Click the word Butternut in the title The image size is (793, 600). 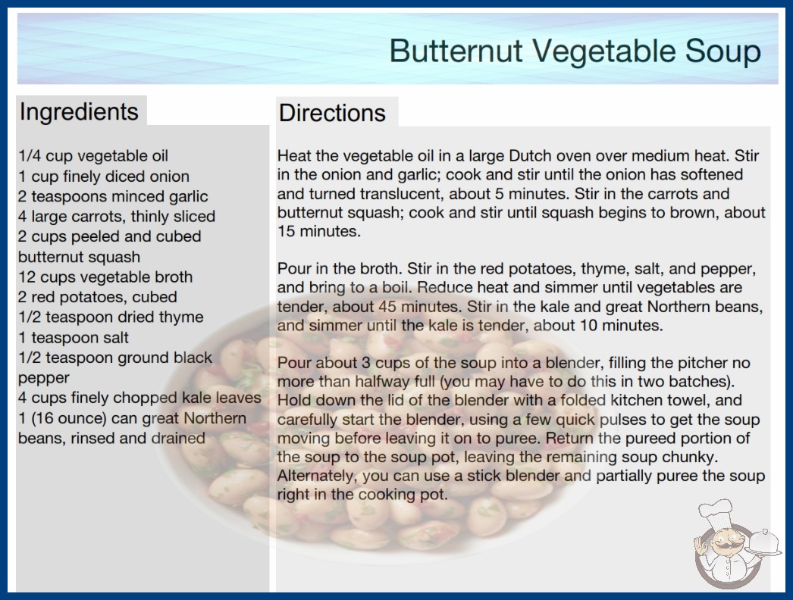pyautogui.click(x=456, y=51)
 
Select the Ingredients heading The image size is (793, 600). pyautogui.click(x=79, y=112)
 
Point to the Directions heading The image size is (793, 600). pyautogui.click(x=332, y=112)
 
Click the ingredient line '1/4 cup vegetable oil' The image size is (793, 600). pyautogui.click(x=93, y=156)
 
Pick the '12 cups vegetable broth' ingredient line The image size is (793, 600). pyautogui.click(x=105, y=277)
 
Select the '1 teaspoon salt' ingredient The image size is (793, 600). pyautogui.click(x=74, y=337)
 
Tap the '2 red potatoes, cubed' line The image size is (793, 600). pyautogui.click(x=98, y=297)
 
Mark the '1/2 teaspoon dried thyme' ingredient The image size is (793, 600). pyautogui.click(x=111, y=317)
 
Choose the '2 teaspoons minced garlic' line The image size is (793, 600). pyautogui.click(x=113, y=196)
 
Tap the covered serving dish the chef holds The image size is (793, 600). pyautogui.click(x=764, y=543)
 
